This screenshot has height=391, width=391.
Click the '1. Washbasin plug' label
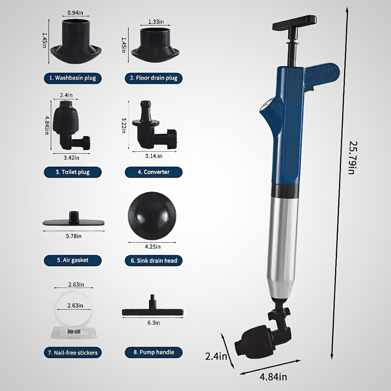pos(72,78)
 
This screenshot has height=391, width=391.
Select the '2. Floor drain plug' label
pos(153,78)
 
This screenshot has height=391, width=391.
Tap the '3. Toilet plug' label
pos(72,172)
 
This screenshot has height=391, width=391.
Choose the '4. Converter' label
pos(153,172)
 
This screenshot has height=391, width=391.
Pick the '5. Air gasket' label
pos(72,260)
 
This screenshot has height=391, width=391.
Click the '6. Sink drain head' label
pos(154,260)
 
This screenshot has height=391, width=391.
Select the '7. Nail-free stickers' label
pos(72,352)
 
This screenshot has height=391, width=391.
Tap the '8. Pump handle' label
pos(154,352)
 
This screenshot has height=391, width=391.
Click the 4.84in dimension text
pos(273,377)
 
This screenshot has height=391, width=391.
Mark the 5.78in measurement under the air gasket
pos(74,236)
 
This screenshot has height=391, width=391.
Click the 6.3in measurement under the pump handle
pos(153,323)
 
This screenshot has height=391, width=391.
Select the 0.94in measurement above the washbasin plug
pos(75,13)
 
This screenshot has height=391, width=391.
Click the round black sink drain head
pos(152,217)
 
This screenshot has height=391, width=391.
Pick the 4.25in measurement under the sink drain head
pos(152,246)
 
